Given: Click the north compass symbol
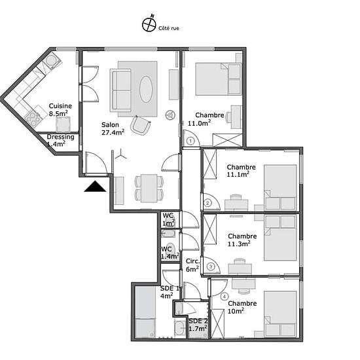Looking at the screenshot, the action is [x=149, y=24].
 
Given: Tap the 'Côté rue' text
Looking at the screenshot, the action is [x=168, y=28].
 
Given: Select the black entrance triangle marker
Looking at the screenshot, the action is [x=95, y=186].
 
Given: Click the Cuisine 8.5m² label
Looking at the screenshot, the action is [x=60, y=110].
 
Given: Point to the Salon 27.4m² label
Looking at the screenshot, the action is [x=113, y=128].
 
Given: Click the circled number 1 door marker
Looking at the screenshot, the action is [x=190, y=141].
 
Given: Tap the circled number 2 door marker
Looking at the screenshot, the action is [x=207, y=203].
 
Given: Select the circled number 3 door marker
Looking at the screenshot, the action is [x=211, y=266].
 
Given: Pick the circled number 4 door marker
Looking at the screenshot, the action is [x=225, y=297].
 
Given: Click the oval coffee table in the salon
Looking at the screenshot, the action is [x=146, y=89].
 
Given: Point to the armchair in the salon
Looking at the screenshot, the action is [x=141, y=126].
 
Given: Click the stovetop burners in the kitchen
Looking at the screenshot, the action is [x=33, y=118].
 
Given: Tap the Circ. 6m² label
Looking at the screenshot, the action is [x=192, y=265].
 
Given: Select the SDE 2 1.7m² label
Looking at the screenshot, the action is [x=198, y=325].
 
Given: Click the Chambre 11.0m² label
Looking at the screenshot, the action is [x=206, y=119].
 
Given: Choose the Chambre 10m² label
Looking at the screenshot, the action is [x=242, y=307].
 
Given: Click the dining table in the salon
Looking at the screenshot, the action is [x=149, y=189].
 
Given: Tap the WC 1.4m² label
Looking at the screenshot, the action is [x=170, y=253].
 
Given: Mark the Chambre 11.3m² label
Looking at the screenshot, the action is [x=242, y=240].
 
